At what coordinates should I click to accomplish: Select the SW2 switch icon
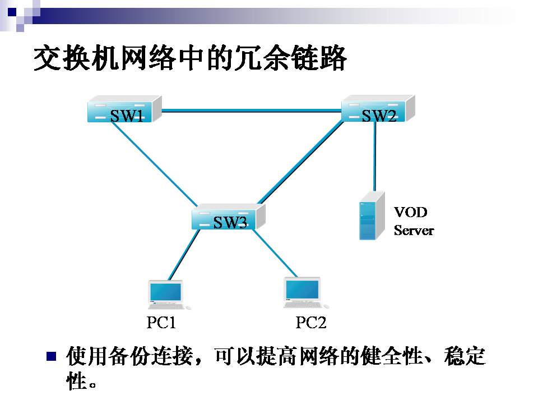click(x=378, y=109)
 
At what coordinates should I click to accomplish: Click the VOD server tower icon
click(x=372, y=216)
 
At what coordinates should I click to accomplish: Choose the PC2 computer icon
click(x=303, y=292)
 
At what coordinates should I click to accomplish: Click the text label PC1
click(x=161, y=323)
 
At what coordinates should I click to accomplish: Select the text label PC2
click(x=310, y=323)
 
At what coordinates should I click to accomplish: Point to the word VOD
click(x=410, y=212)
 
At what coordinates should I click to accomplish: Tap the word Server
click(x=414, y=231)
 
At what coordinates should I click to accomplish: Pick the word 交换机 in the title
click(x=77, y=58)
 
